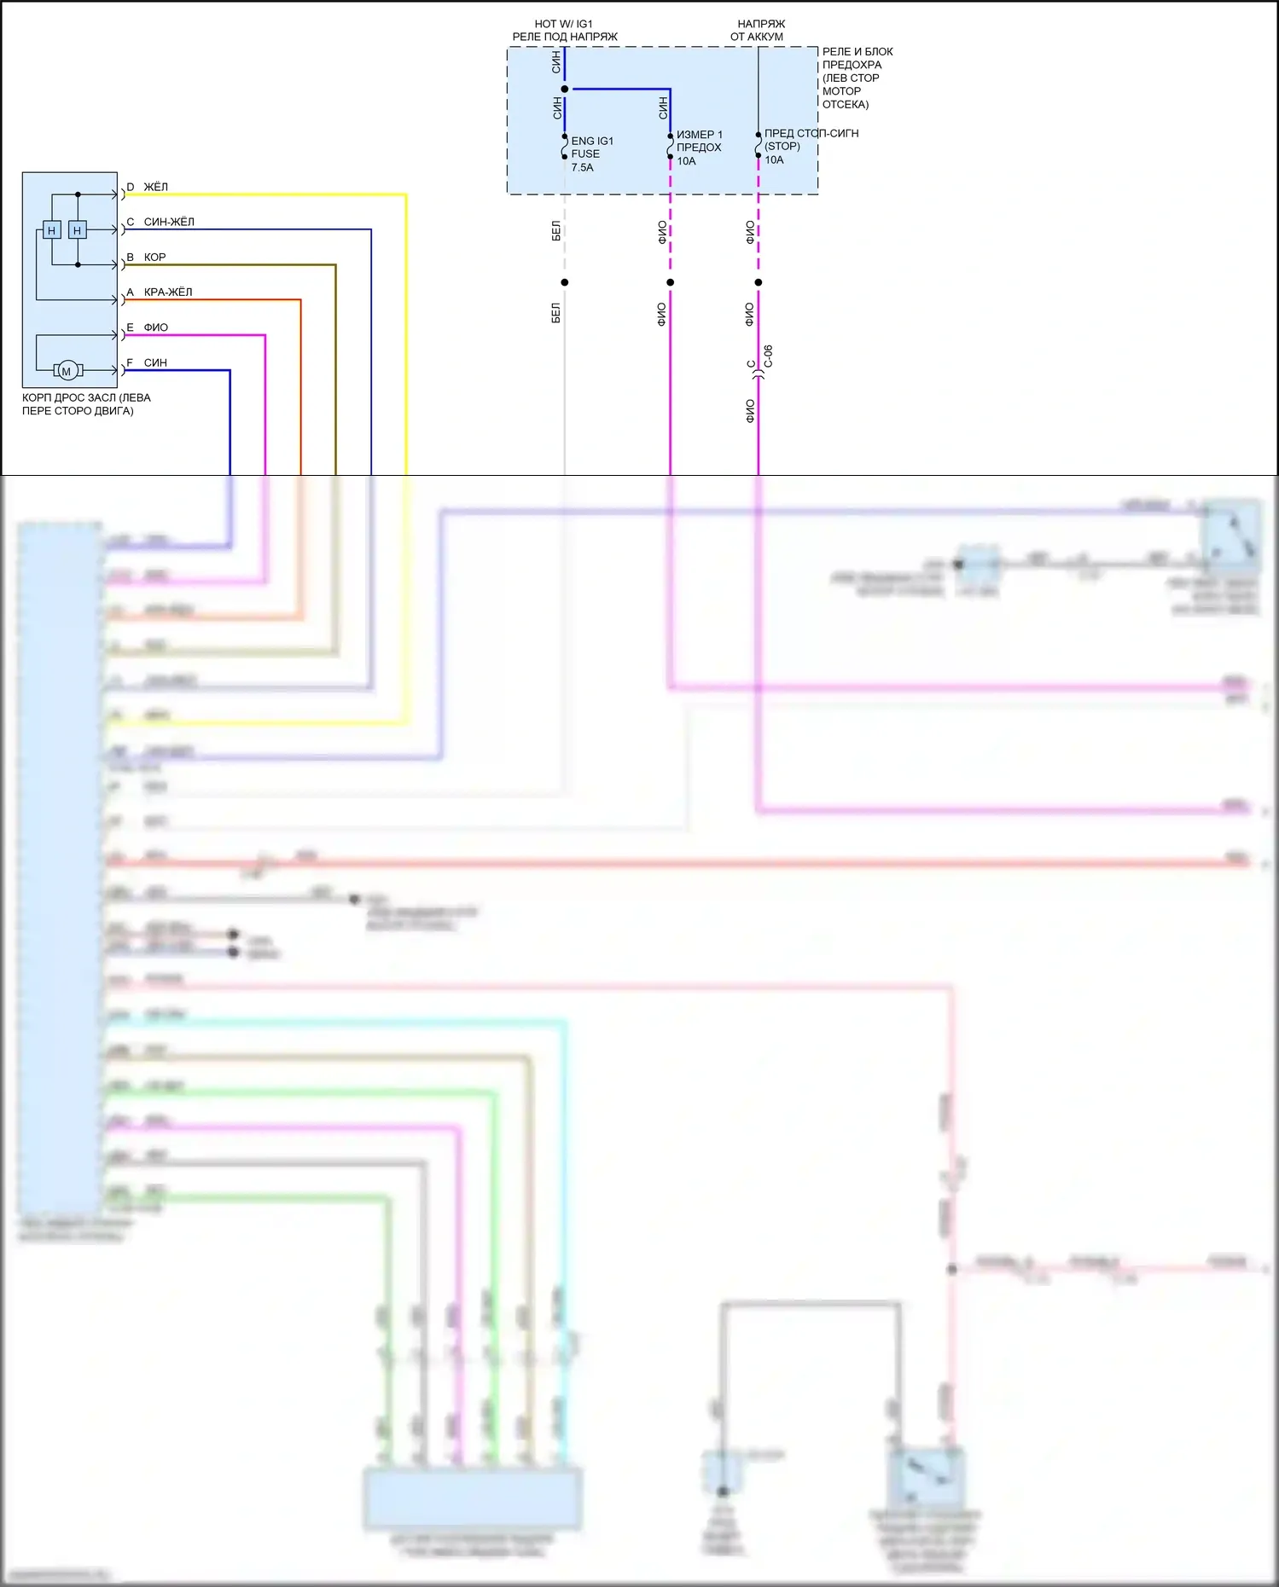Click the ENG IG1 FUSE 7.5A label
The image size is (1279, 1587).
[591, 154]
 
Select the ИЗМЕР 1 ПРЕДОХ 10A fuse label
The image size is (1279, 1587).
[699, 148]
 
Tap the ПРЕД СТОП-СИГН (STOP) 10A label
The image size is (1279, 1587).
[811, 146]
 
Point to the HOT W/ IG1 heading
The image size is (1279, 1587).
[564, 24]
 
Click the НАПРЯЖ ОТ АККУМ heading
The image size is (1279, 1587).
[758, 30]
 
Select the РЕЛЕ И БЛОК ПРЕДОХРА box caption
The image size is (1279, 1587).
[857, 78]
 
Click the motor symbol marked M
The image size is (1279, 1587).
[67, 370]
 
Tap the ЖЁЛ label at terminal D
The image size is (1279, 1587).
[155, 187]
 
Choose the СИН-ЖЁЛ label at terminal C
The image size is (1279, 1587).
[169, 222]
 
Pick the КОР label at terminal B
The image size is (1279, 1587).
[154, 257]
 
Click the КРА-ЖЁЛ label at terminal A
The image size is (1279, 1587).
[168, 292]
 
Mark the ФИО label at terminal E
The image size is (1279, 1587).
[155, 327]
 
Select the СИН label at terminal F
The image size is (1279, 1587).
[155, 362]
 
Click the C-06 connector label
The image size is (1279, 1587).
[768, 356]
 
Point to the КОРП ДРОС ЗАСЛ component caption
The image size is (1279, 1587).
[85, 404]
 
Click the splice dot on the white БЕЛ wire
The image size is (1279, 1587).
[564, 282]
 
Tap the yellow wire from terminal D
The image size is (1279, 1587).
[405, 341]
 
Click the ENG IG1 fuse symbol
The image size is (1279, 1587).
[564, 147]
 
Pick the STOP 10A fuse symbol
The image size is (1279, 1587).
[758, 145]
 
